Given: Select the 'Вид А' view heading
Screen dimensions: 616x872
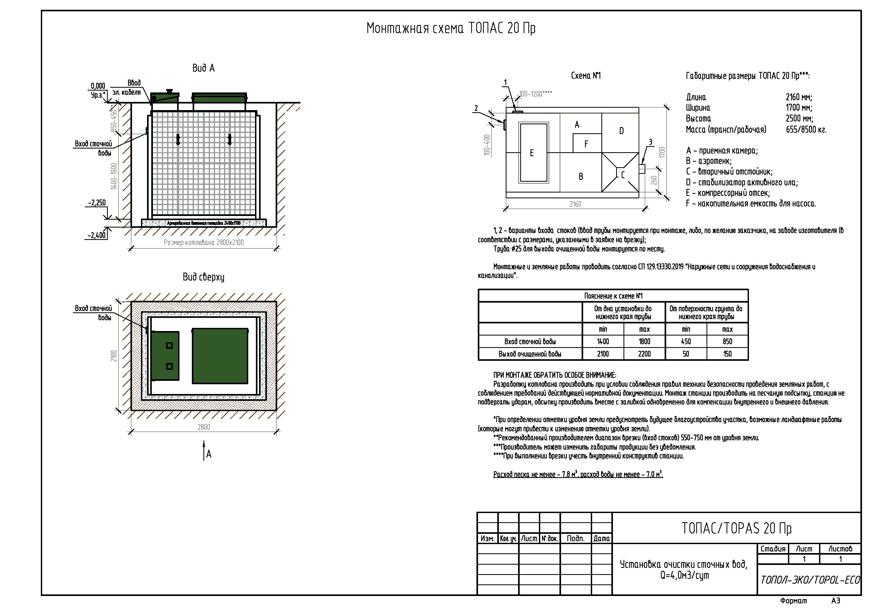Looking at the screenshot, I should (203, 68).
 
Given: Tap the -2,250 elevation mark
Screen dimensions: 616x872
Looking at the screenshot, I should (97, 203).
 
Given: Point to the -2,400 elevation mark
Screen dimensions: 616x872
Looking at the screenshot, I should (97, 235).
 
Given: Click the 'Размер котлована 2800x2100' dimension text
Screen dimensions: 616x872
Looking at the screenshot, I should (203, 243).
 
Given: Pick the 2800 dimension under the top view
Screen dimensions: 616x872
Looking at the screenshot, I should (203, 427).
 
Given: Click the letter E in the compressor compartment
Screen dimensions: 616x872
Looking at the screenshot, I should (532, 153).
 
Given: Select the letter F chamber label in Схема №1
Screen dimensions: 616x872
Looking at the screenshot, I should (586, 144).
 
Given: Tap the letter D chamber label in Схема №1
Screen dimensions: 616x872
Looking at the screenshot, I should (621, 131).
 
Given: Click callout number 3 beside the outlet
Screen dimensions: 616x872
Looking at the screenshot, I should (650, 142).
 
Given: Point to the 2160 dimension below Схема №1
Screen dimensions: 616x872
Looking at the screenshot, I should (575, 204).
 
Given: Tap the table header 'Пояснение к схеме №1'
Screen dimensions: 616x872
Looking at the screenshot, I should (613, 296).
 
